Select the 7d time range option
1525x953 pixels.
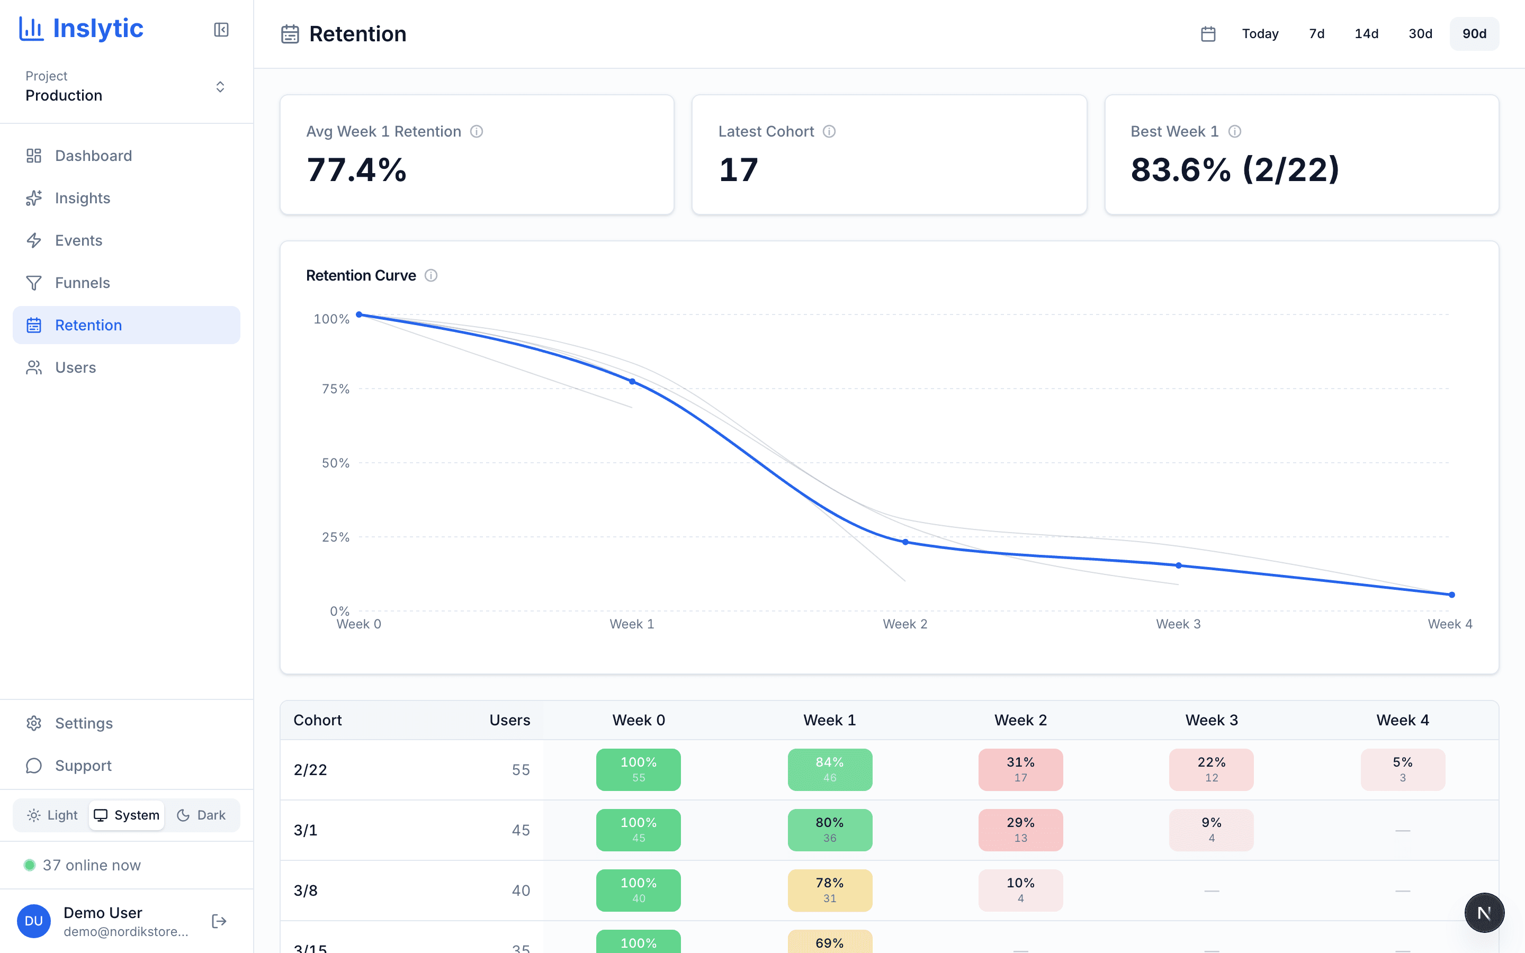(x=1316, y=34)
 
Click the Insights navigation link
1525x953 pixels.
(x=82, y=198)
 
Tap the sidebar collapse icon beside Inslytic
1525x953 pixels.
(x=221, y=30)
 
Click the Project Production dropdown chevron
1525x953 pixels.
(x=220, y=87)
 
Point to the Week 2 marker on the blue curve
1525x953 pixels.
(x=905, y=542)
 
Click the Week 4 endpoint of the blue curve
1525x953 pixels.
(x=1451, y=595)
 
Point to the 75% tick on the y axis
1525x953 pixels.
(x=335, y=389)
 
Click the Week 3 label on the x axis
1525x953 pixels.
(x=1178, y=624)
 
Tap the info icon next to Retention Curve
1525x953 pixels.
(x=431, y=275)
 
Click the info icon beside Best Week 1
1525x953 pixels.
(x=1234, y=132)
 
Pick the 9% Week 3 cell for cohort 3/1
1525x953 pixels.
(x=1210, y=830)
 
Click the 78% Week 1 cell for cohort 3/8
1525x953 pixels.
(x=829, y=890)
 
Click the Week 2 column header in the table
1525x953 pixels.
(x=1020, y=720)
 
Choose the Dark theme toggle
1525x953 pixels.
(x=201, y=815)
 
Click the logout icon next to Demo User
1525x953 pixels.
(x=219, y=921)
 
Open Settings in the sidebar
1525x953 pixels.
(x=83, y=723)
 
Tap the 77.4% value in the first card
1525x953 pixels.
(x=357, y=170)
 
